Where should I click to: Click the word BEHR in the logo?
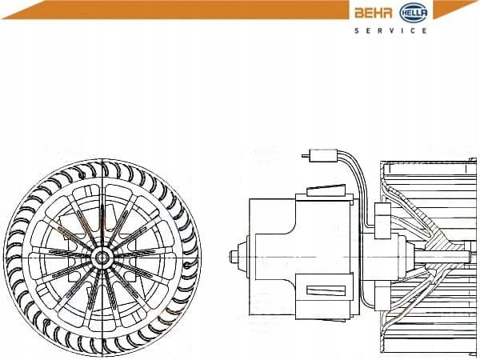coord(374,13)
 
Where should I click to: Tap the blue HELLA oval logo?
coord(414,13)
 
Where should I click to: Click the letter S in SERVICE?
coord(357,30)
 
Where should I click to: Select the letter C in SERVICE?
coord(412,30)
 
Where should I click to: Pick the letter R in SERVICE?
coord(380,30)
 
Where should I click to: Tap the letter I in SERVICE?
coord(402,30)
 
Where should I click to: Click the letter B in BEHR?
coord(358,13)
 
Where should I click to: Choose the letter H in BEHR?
coord(378,13)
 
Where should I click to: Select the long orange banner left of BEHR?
coord(175,10)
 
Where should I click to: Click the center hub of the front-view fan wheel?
coord(102,257)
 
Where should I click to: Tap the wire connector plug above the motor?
coord(323,155)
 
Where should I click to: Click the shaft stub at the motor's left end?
coord(234,257)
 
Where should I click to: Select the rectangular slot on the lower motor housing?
coord(326,290)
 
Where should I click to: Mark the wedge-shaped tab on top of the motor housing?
coord(326,190)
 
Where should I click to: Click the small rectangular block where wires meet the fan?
coord(382,221)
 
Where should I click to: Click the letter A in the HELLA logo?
coord(423,13)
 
